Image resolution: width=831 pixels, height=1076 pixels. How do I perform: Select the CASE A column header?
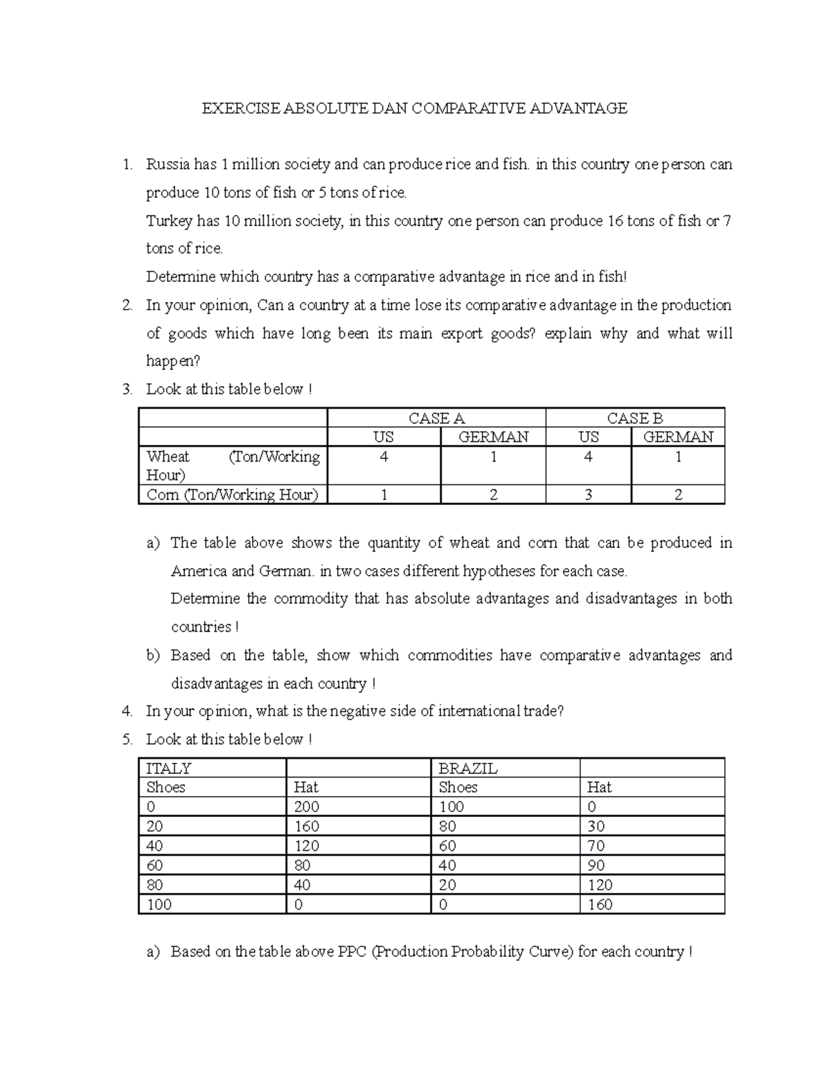tap(436, 418)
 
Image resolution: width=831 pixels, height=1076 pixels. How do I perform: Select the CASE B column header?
tap(634, 418)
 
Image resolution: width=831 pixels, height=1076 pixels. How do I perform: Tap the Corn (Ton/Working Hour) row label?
tap(232, 495)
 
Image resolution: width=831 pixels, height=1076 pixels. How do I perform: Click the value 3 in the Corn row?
tap(588, 495)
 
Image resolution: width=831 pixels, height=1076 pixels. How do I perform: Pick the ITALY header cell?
tap(168, 768)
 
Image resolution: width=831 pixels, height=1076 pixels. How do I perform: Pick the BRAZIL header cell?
tap(468, 768)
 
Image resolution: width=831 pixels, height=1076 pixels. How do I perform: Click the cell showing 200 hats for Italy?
tap(306, 806)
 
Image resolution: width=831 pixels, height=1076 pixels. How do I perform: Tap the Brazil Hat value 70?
tap(596, 846)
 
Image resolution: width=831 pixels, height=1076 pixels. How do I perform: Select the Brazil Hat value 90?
tap(596, 865)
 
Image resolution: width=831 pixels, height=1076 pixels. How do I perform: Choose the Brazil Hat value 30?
tap(596, 826)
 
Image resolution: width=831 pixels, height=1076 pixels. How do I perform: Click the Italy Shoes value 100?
tap(159, 904)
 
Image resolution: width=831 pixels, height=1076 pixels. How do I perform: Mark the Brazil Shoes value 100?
tap(451, 806)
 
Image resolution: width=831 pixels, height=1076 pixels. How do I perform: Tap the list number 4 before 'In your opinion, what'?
tap(125, 711)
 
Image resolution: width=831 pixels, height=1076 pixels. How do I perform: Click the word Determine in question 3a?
tap(205, 599)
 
